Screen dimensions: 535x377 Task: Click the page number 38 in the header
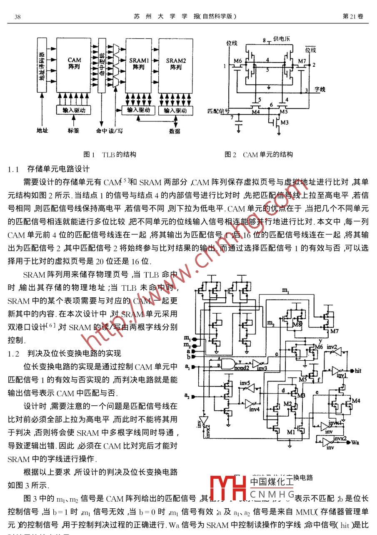[17, 17]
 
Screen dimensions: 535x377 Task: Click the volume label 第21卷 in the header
[352, 16]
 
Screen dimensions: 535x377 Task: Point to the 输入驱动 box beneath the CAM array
[74, 111]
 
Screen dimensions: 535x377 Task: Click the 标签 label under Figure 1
[73, 131]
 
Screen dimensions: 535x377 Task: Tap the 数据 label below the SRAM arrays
[175, 131]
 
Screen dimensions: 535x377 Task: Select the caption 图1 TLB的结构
[110, 154]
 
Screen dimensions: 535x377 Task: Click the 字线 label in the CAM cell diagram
[320, 89]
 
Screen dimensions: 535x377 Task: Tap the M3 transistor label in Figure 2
[285, 123]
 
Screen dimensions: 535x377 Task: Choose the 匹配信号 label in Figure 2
[219, 111]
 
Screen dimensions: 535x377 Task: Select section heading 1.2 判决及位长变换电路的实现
[65, 353]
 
